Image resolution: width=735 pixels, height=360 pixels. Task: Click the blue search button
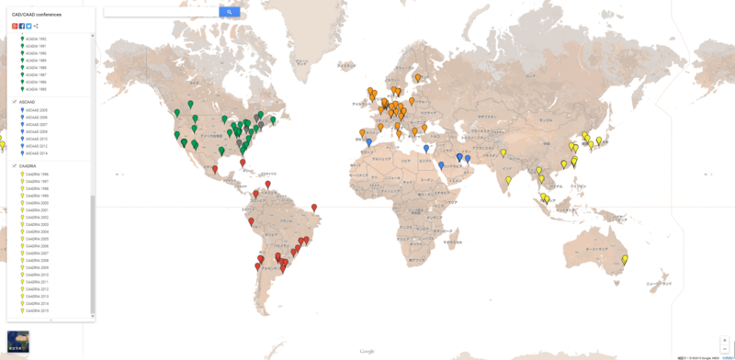(x=230, y=12)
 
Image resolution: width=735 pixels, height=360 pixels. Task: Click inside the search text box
(x=161, y=12)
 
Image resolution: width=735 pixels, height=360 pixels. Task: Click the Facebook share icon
(x=21, y=26)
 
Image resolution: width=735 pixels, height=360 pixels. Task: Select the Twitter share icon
(x=28, y=26)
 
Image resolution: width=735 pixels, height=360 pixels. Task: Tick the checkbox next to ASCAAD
(x=15, y=102)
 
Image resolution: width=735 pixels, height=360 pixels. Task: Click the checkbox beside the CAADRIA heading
(x=15, y=166)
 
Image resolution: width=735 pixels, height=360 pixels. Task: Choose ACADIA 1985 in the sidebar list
(x=36, y=89)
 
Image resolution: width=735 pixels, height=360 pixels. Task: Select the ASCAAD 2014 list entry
(x=37, y=153)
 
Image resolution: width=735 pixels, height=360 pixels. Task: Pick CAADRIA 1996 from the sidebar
(x=37, y=174)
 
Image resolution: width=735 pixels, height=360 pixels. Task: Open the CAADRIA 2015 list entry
(x=37, y=310)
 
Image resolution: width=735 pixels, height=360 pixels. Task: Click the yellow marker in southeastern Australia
(x=625, y=260)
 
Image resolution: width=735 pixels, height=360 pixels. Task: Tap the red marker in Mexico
(x=215, y=169)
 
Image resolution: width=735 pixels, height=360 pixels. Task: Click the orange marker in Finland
(x=417, y=78)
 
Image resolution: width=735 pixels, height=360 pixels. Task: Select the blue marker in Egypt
(x=426, y=149)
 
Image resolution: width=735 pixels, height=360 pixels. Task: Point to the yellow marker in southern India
(x=508, y=180)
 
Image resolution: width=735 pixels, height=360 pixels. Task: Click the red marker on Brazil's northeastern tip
(x=314, y=208)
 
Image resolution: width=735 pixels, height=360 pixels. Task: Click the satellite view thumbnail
(x=17, y=341)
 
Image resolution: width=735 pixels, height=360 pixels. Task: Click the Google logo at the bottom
(x=367, y=352)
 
